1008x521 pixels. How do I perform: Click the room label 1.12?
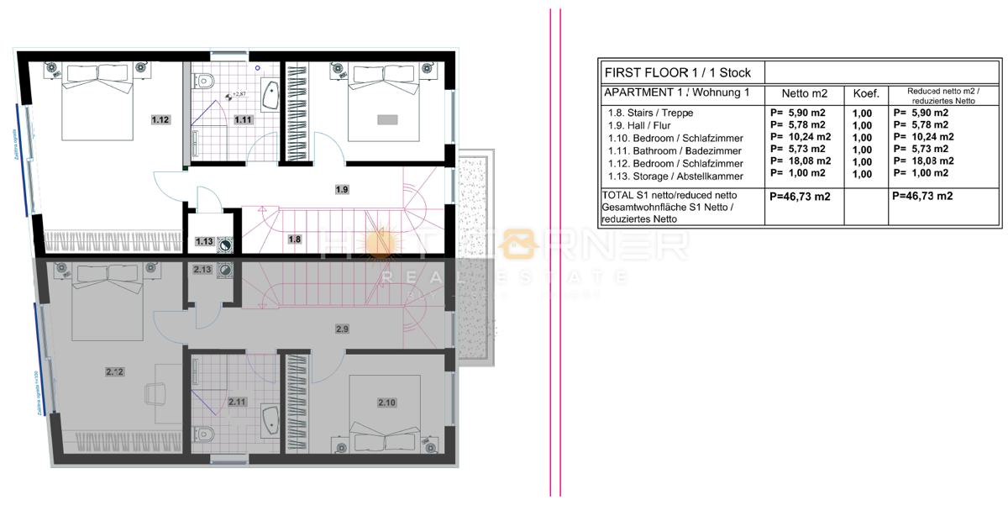point(160,120)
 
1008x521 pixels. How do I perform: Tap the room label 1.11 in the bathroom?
point(243,120)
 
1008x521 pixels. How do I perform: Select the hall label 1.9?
point(341,190)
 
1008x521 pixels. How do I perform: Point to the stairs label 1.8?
point(293,239)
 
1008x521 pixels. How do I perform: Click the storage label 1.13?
point(204,242)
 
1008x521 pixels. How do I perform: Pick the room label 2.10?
point(386,403)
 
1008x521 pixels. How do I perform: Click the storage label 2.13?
point(202,270)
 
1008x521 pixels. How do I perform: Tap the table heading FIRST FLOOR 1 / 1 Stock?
point(677,72)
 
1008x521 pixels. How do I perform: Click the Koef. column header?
point(865,93)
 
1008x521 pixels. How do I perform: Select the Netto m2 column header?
point(804,93)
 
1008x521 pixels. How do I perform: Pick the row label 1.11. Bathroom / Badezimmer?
point(675,150)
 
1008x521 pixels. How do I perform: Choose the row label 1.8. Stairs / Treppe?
point(651,113)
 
